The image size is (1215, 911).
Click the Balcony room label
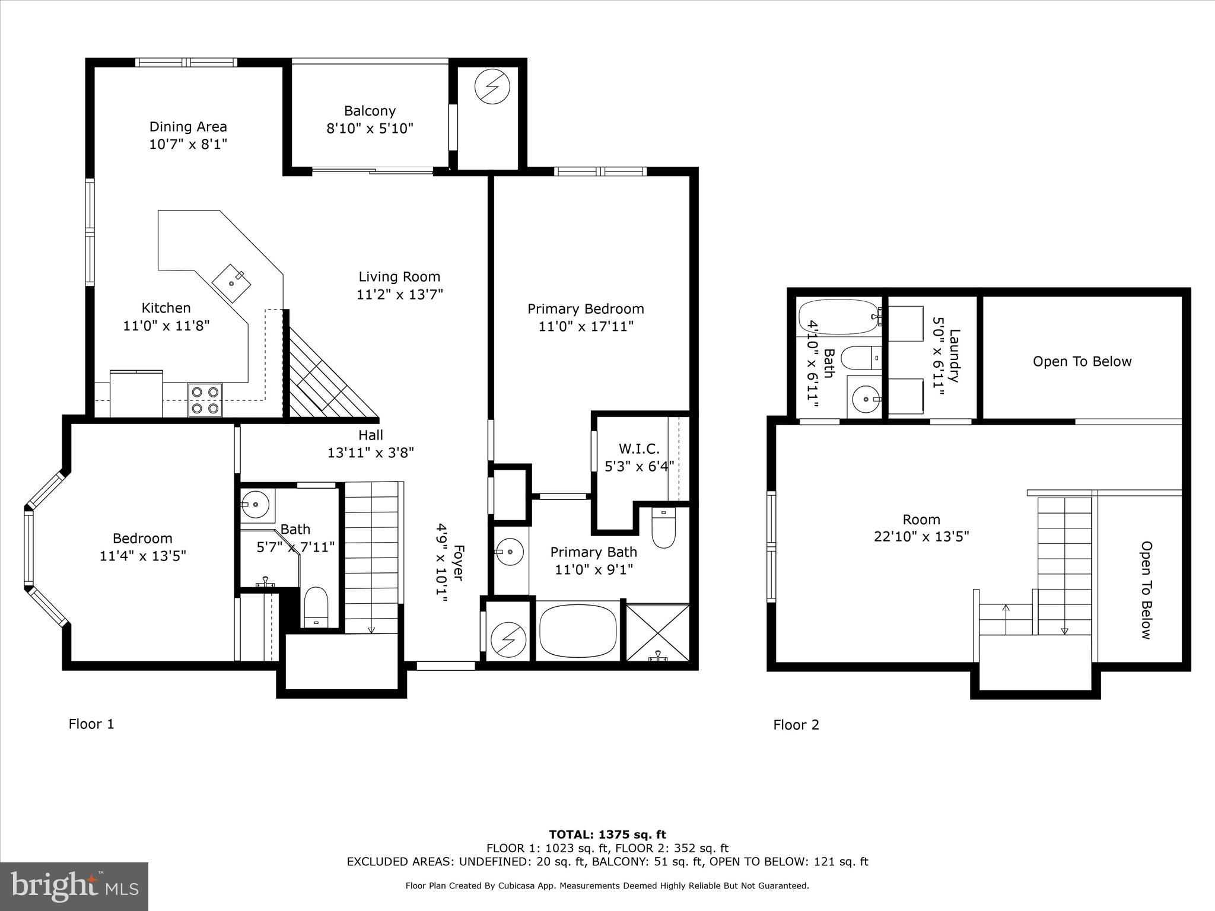point(370,111)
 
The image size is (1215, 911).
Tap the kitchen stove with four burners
point(205,400)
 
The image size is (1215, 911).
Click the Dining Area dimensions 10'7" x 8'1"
point(187,144)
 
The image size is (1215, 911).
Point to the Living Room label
point(399,276)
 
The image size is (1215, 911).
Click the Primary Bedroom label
point(586,309)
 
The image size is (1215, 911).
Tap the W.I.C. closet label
point(639,449)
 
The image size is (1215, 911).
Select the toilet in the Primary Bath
point(663,529)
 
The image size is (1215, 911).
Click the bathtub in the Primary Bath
point(578,631)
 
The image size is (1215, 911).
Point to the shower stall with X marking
point(658,632)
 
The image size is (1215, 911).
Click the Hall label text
point(371,435)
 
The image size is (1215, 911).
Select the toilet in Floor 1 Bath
point(316,607)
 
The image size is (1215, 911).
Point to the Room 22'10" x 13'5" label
point(921,528)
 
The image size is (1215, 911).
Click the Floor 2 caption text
point(796,725)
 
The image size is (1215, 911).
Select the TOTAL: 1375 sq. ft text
point(607,835)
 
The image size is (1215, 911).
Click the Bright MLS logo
point(74,886)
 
